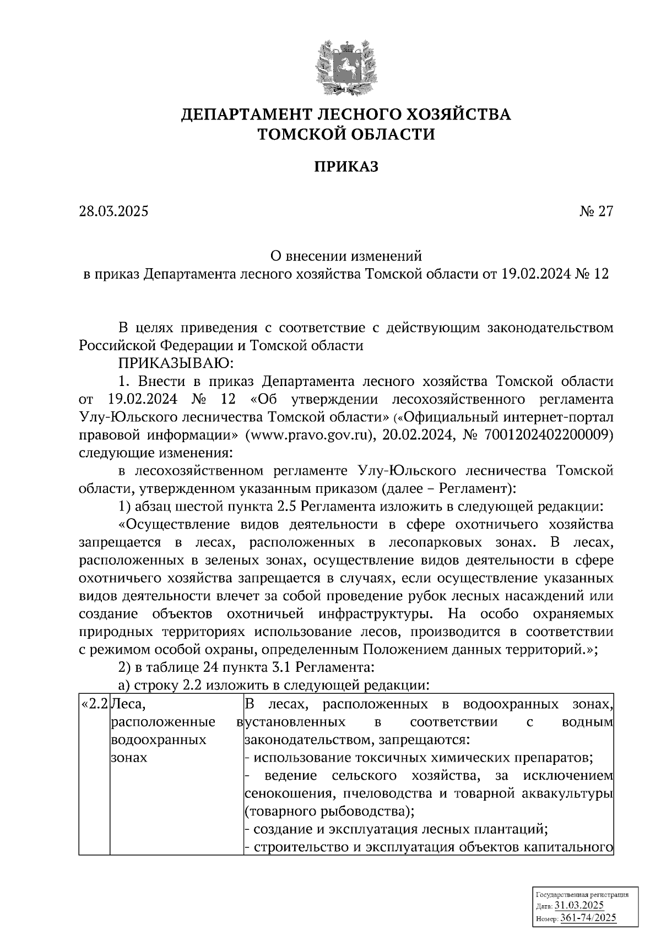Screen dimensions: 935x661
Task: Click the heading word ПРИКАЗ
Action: pyautogui.click(x=346, y=167)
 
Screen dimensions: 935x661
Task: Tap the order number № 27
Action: pyautogui.click(x=595, y=211)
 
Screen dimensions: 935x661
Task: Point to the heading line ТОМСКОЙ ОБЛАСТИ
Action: pyautogui.click(x=346, y=134)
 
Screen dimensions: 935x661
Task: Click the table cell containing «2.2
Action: pyautogui.click(x=94, y=704)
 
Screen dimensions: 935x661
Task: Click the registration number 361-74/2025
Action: pyautogui.click(x=588, y=918)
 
